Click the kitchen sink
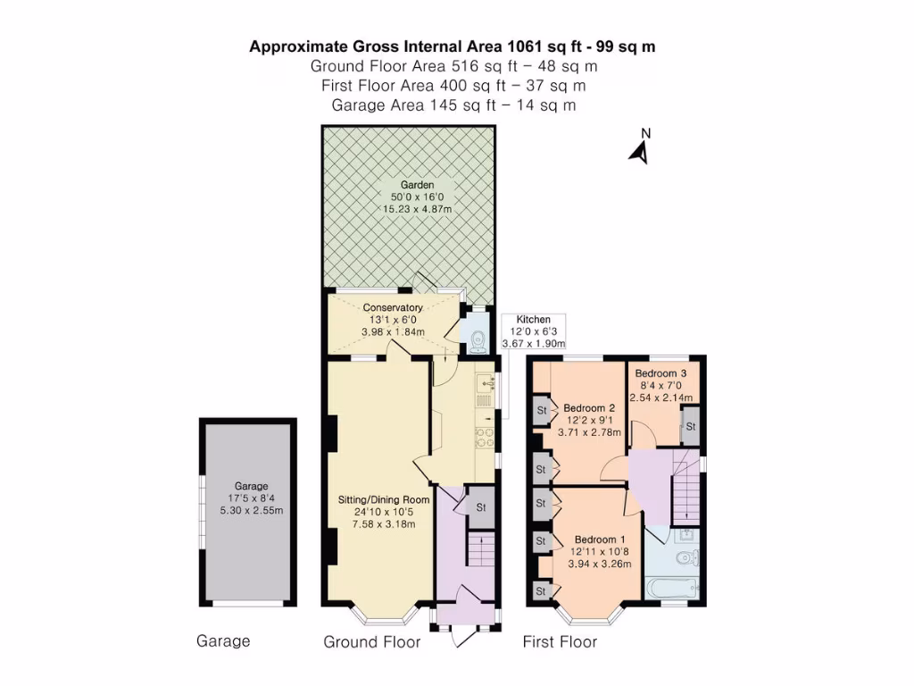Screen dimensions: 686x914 485,385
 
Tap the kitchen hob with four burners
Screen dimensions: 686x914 486,437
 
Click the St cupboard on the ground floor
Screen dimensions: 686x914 481,506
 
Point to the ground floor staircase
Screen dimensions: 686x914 480,549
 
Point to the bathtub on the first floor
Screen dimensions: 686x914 671,588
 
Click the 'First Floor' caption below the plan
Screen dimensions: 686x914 560,641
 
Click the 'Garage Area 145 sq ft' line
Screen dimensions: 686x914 453,105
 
